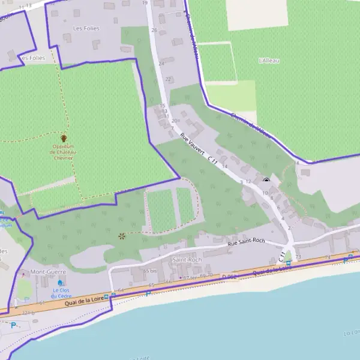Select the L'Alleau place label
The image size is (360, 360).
(269, 61)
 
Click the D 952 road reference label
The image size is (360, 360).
(229, 276)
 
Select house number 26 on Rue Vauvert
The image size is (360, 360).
(154, 30)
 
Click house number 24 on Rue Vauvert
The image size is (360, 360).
(161, 64)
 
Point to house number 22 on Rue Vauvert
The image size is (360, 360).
(168, 79)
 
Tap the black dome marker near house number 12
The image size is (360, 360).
(266, 179)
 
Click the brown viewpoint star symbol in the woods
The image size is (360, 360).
(123, 236)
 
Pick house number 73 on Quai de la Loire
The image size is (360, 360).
(298, 257)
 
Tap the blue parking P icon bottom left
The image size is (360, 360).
(13, 325)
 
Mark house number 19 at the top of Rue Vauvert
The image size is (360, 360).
(145, 3)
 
